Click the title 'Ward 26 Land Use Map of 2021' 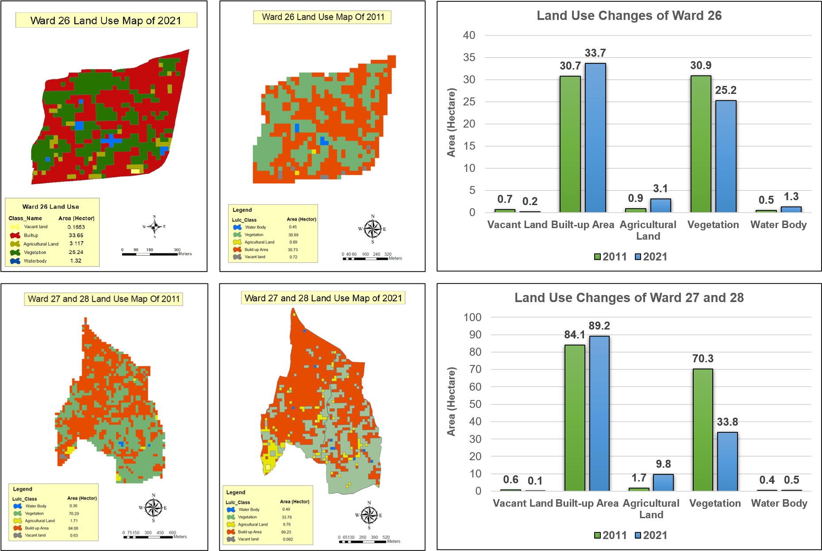[x=106, y=20]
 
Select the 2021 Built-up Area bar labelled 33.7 [x=595, y=137]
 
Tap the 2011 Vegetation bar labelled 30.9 [x=701, y=144]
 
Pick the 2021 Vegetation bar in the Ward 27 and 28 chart [x=727, y=461]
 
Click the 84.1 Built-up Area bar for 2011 [x=575, y=417]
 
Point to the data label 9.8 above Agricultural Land [x=663, y=464]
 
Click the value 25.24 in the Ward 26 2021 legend [x=76, y=252]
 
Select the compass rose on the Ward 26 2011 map [x=373, y=229]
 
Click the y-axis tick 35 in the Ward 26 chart [x=469, y=58]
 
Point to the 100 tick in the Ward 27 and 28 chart [x=472, y=317]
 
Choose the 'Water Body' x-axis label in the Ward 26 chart [x=778, y=225]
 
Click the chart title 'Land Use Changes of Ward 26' [x=629, y=16]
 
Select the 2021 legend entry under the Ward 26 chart [x=651, y=256]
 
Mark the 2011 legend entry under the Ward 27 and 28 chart [x=611, y=535]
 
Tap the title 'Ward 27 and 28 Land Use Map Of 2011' [x=104, y=299]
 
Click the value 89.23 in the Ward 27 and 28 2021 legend [x=286, y=532]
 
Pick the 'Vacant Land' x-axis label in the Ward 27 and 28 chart [x=522, y=503]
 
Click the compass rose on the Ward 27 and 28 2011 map [x=154, y=508]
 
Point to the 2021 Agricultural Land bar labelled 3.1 [x=661, y=206]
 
